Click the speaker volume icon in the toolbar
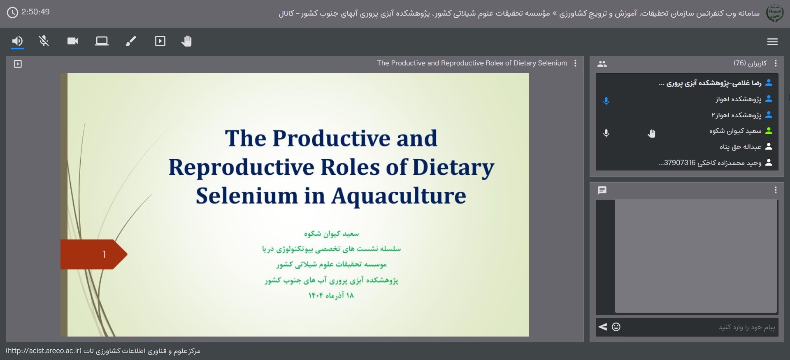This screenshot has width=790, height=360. click(x=17, y=41)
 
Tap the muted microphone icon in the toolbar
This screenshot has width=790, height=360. click(x=44, y=41)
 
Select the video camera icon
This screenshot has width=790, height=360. click(x=73, y=41)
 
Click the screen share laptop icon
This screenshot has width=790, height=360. click(x=102, y=41)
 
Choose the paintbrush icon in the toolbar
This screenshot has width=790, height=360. click(x=131, y=41)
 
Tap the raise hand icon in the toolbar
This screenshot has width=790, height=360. click(x=187, y=41)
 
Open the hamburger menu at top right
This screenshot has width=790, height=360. click(x=772, y=42)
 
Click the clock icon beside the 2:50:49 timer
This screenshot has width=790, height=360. click(x=13, y=12)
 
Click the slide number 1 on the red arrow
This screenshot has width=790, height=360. click(x=105, y=255)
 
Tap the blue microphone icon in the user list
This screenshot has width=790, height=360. click(x=606, y=101)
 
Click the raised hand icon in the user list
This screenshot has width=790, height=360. click(x=651, y=133)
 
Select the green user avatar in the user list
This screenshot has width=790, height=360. click(x=769, y=131)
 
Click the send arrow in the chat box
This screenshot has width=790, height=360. click(x=603, y=327)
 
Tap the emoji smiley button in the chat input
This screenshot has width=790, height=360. click(x=616, y=327)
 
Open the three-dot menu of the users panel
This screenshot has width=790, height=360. click(x=776, y=63)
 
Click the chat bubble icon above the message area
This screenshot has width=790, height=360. click(x=602, y=190)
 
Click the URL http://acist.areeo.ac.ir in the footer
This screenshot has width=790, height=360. click(x=44, y=351)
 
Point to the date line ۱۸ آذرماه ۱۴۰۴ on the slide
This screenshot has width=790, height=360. click(x=331, y=295)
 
